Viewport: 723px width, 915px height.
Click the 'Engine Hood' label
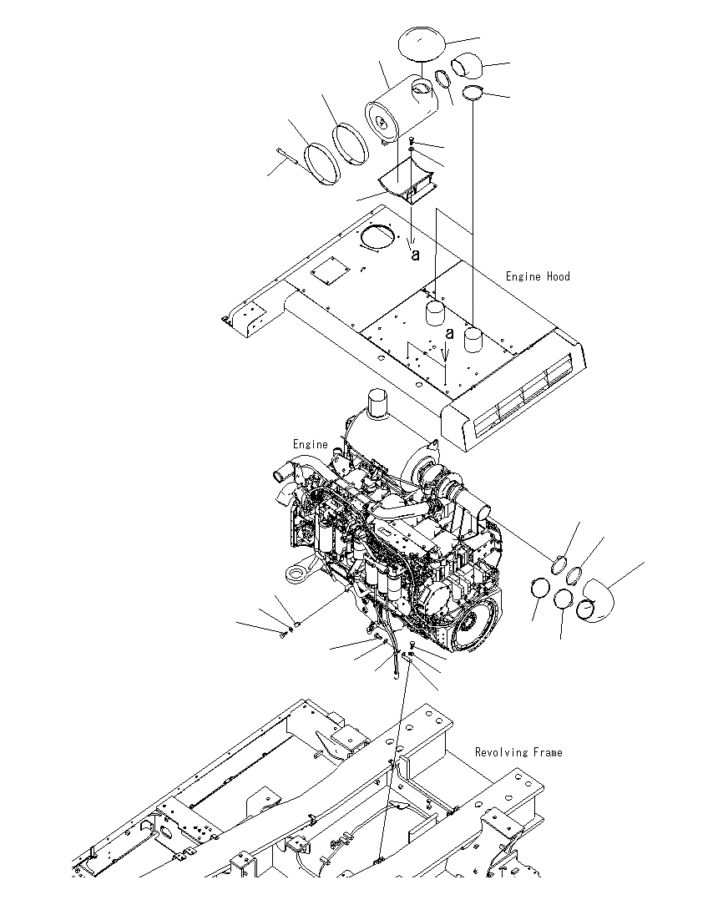[538, 276]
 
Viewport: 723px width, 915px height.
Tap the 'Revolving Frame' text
[518, 752]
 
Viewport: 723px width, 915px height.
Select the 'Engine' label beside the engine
[310, 444]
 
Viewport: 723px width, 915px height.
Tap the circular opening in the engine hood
[378, 238]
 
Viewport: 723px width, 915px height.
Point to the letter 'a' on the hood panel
[450, 333]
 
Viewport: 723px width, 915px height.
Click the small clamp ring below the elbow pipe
[473, 91]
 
